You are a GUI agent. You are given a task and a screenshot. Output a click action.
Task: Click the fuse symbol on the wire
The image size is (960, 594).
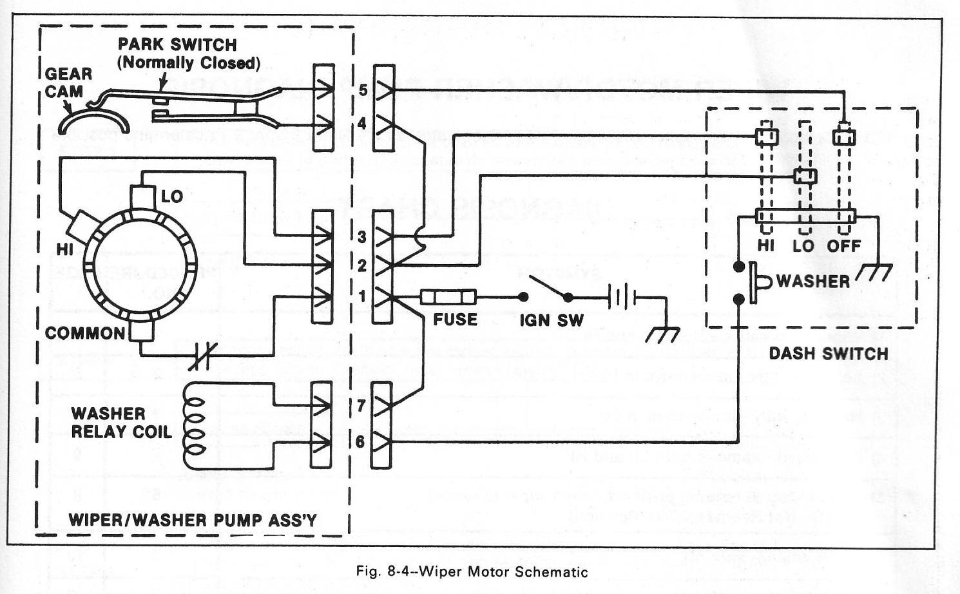pyautogui.click(x=448, y=297)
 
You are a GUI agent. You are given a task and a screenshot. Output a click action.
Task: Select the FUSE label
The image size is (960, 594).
pyautogui.click(x=455, y=320)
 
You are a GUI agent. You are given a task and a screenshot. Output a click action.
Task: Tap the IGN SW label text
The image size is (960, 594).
pyautogui.click(x=552, y=320)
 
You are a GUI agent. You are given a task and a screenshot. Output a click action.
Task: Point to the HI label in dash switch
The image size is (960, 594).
pyautogui.click(x=766, y=245)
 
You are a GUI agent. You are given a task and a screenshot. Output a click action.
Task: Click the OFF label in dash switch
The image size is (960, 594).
pyautogui.click(x=844, y=245)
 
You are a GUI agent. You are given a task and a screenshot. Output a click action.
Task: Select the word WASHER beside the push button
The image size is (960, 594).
pyautogui.click(x=813, y=281)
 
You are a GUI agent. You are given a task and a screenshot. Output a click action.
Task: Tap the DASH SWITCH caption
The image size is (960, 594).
pyautogui.click(x=829, y=354)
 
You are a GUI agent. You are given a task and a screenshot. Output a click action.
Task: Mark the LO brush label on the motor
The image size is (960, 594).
pyautogui.click(x=172, y=196)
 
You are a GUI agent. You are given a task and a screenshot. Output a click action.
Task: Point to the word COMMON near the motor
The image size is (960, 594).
pyautogui.click(x=85, y=333)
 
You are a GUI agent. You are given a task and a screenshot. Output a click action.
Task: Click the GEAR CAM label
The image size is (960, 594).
pyautogui.click(x=68, y=82)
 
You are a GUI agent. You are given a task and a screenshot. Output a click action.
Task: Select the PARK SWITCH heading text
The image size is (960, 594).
pyautogui.click(x=177, y=45)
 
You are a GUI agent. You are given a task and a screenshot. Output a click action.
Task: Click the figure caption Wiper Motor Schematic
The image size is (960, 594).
pyautogui.click(x=472, y=571)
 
